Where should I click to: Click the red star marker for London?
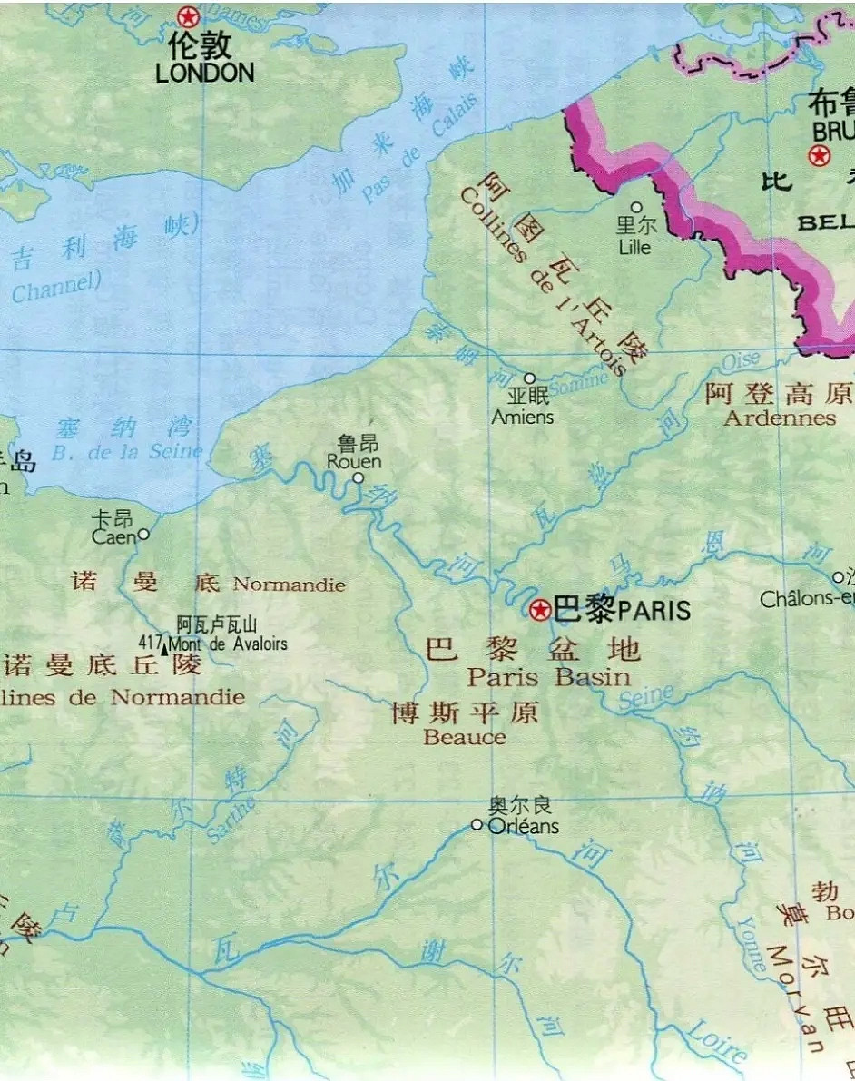coord(187,16)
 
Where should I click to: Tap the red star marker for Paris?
coord(541,609)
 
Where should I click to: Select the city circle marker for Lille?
coord(636,208)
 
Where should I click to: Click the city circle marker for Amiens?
coord(529,378)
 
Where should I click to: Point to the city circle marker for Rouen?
coord(358,477)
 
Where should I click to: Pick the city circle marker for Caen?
coord(143,535)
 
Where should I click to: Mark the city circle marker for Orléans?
coord(477,824)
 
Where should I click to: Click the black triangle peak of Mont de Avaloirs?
coord(164,647)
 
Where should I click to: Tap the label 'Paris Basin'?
coord(548,677)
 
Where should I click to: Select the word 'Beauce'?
coord(465,737)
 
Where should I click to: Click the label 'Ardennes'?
coord(780,418)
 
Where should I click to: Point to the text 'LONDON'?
coord(204,74)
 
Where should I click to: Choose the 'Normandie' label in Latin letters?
coord(289,585)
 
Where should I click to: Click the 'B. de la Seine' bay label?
coord(127,452)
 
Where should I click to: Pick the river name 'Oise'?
coord(741,362)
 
